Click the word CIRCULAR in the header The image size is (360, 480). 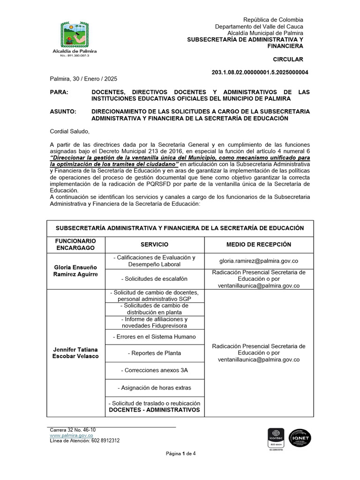click(x=288, y=59)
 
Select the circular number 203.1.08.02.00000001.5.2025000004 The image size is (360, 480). click(x=261, y=73)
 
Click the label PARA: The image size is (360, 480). click(x=59, y=92)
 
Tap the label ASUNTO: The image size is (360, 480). click(x=63, y=112)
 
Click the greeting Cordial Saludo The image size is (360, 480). click(x=69, y=131)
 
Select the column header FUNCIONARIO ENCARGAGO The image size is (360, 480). click(x=75, y=244)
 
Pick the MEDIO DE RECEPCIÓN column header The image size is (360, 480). click(x=258, y=245)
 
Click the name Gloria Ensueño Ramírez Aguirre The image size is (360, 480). click(x=75, y=270)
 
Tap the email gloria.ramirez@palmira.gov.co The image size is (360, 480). click(x=259, y=261)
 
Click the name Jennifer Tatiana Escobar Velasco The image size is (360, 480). click(x=75, y=353)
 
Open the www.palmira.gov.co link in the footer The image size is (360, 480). click(x=71, y=435)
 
